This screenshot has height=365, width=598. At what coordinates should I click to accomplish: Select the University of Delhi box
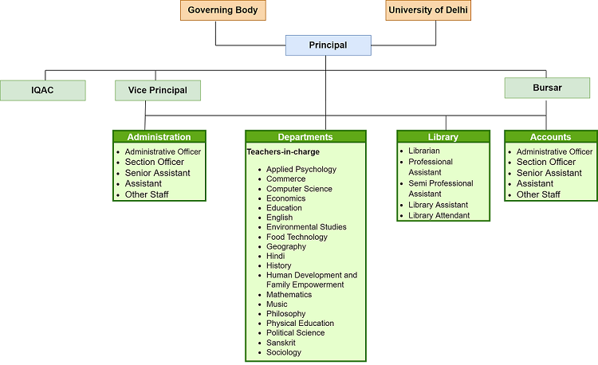click(x=428, y=10)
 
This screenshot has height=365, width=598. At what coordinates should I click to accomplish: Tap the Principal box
click(x=328, y=45)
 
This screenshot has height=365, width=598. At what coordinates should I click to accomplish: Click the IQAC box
click(x=43, y=90)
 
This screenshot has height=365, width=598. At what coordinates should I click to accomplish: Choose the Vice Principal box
click(x=157, y=90)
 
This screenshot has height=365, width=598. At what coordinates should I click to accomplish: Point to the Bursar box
click(x=546, y=88)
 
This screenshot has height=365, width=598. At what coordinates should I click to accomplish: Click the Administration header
click(x=159, y=137)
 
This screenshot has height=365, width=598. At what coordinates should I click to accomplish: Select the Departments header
click(x=305, y=137)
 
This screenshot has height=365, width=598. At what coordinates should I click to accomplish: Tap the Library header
click(x=443, y=137)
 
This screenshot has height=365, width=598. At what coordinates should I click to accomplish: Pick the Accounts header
click(x=550, y=137)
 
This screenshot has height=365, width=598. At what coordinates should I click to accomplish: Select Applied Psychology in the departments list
click(x=301, y=169)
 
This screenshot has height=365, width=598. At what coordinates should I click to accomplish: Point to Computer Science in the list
click(x=299, y=189)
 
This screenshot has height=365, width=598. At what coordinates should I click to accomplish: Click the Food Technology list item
click(x=297, y=237)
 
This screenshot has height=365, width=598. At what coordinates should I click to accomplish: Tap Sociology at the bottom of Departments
click(x=284, y=352)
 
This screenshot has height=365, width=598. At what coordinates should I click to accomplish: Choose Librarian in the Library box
click(x=423, y=151)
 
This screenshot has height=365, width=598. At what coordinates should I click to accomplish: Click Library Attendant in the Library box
click(x=439, y=215)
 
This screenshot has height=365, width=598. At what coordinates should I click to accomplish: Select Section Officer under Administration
click(x=154, y=162)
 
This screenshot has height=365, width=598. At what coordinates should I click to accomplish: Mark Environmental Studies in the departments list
click(x=306, y=227)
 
